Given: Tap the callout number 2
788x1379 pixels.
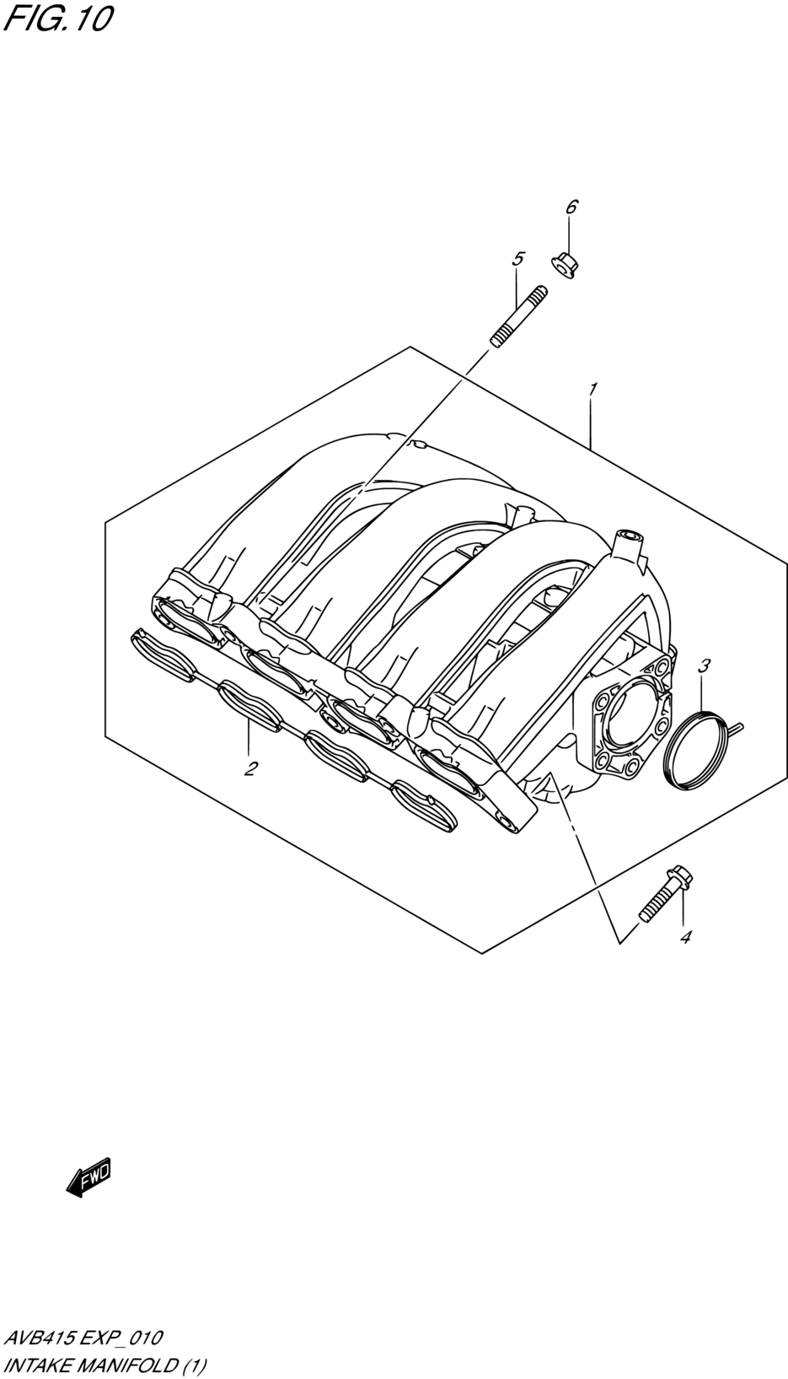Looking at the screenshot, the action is tap(249, 768).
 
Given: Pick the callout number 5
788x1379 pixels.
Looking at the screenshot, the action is tap(518, 259).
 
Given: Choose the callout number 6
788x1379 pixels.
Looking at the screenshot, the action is tap(571, 207).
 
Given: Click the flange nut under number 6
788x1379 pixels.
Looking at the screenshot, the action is tap(566, 266).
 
